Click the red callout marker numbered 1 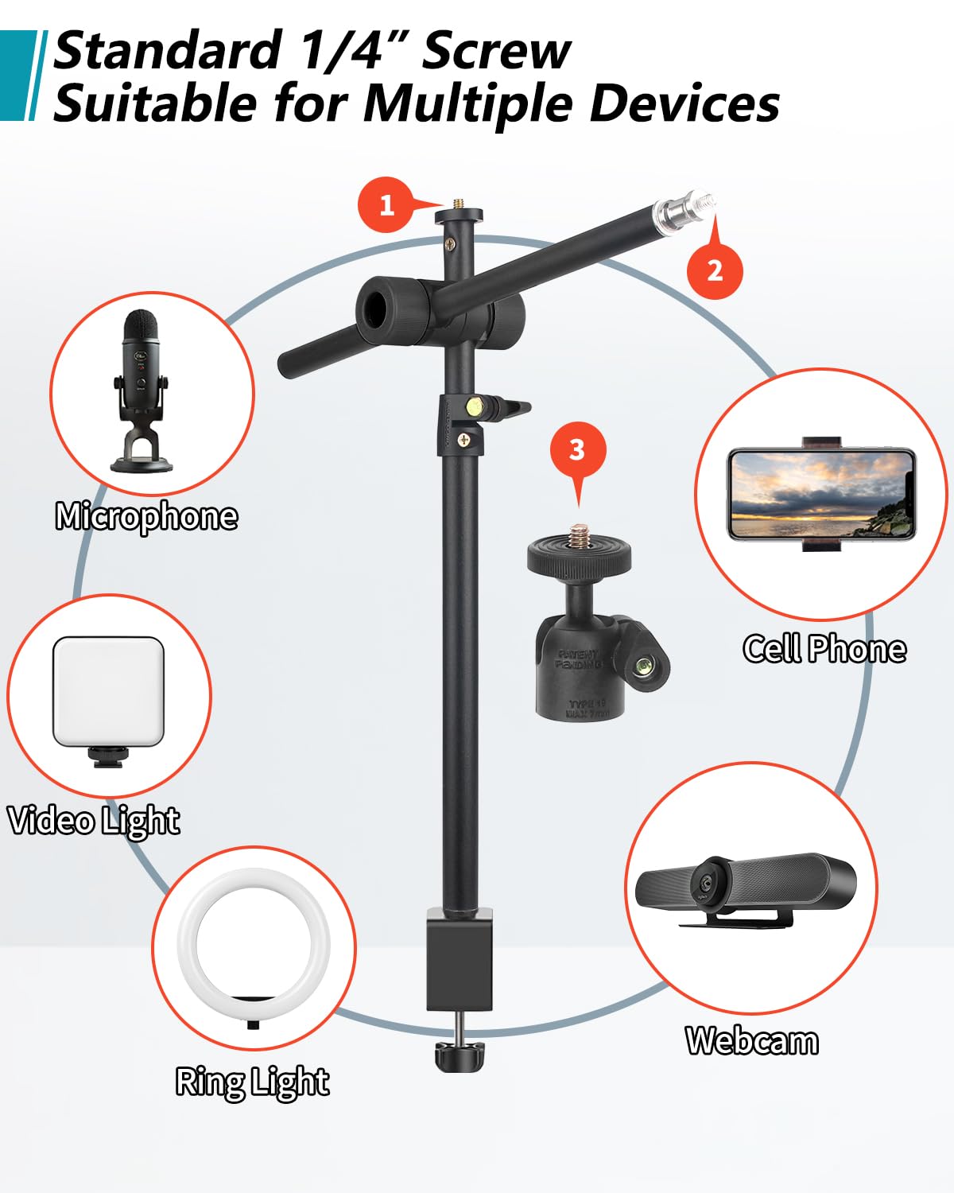[386, 205]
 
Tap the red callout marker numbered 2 [715, 270]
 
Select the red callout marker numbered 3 [577, 450]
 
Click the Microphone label [146, 517]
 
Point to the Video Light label [94, 821]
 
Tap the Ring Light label [252, 1082]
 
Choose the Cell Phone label [824, 649]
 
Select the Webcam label [752, 1040]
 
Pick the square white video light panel [108, 691]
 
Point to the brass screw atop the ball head [578, 535]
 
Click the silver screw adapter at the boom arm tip [683, 210]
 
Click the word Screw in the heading [496, 51]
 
